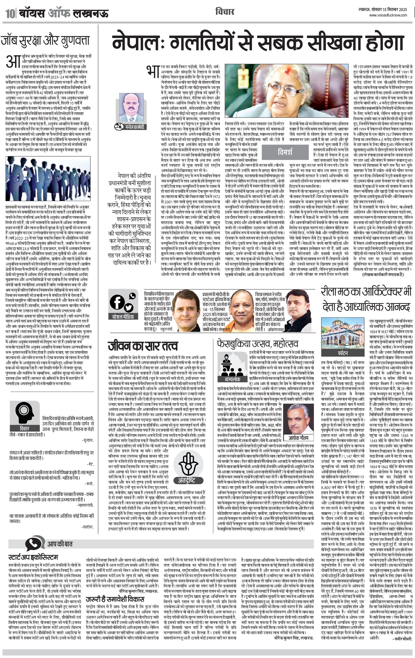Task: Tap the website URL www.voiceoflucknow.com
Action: click(x=388, y=15)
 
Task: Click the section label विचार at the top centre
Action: click(x=225, y=12)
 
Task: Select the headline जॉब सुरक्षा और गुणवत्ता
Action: click(x=45, y=41)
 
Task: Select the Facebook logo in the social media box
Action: click(x=117, y=302)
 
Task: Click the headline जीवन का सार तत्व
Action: click(x=143, y=346)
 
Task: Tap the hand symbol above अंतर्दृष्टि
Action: click(x=188, y=463)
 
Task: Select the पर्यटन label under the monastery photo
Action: click(x=342, y=353)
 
